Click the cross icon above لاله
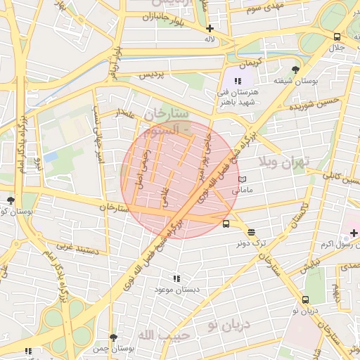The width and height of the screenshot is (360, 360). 210,29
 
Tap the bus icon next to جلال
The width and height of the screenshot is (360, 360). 337,37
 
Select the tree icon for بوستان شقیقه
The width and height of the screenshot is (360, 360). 295,70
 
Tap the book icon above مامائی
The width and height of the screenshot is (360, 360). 243,179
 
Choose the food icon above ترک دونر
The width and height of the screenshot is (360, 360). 252,233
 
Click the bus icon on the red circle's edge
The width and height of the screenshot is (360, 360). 226,224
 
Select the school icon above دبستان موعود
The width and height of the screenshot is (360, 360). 176,278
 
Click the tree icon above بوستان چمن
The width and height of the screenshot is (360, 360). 112,338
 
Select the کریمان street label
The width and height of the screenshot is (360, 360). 250,63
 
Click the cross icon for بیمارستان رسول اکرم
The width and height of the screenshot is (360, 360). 353,233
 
